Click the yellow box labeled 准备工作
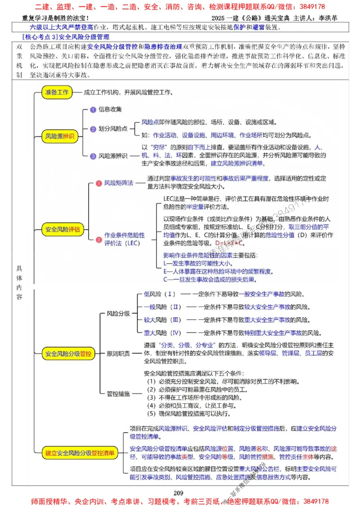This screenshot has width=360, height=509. (57, 92)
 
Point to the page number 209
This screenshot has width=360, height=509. (179, 492)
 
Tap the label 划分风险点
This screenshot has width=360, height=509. (113, 129)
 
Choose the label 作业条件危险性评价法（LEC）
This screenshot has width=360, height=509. (125, 239)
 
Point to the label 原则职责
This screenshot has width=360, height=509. (118, 354)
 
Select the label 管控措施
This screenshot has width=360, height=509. (118, 394)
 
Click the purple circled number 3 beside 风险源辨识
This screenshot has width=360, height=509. (93, 156)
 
